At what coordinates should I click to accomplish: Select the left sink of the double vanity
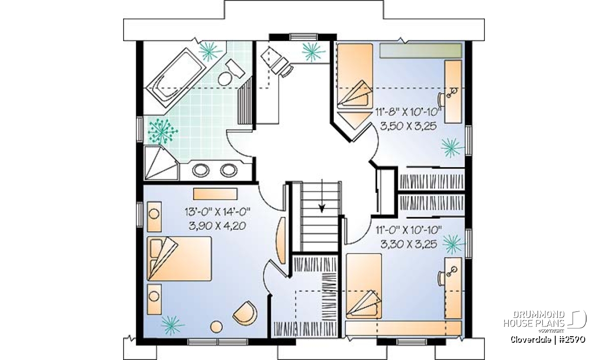[201, 170]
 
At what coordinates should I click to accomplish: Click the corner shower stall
[161, 163]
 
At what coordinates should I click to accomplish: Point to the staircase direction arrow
[322, 195]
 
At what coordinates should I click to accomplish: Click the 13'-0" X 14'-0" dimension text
[217, 212]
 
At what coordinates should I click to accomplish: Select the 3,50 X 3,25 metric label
[408, 126]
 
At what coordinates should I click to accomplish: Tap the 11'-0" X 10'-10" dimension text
[408, 230]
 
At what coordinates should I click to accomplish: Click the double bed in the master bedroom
[179, 259]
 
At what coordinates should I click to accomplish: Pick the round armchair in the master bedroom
[245, 313]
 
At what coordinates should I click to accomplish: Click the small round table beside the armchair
[216, 327]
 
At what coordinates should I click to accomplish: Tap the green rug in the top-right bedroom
[421, 51]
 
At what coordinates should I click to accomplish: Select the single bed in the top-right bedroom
[355, 76]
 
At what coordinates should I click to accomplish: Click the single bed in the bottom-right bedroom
[364, 286]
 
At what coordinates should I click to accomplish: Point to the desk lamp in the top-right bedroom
[451, 93]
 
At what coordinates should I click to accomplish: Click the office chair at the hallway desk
[287, 70]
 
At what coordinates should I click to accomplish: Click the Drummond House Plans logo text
[534, 319]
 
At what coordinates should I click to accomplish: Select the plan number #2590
[572, 340]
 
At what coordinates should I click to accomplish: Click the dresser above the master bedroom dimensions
[215, 194]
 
